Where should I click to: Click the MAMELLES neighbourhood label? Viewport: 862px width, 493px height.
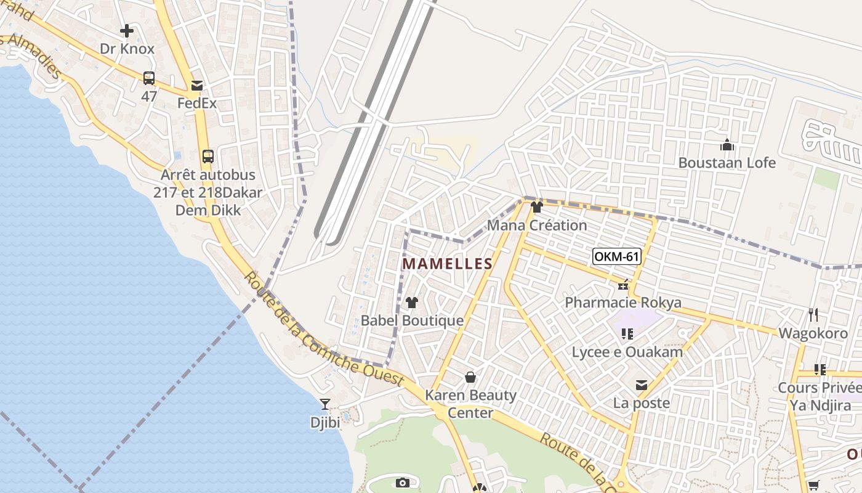click(447, 264)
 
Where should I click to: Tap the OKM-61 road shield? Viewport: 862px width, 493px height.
click(616, 256)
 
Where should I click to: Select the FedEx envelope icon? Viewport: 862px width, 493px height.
click(197, 86)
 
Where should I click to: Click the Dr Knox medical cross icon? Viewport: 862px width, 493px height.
click(127, 31)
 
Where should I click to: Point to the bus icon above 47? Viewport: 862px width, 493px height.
click(149, 78)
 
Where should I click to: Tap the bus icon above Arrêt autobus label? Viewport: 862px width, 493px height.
click(208, 156)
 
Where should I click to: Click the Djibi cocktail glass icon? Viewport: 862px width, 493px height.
click(325, 404)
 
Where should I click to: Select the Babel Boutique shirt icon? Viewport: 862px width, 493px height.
click(412, 303)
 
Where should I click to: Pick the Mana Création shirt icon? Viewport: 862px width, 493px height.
click(537, 207)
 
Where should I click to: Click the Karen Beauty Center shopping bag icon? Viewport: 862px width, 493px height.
click(470, 377)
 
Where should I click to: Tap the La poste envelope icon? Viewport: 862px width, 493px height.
click(642, 385)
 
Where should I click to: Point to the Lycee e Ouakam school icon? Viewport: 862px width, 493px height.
click(627, 334)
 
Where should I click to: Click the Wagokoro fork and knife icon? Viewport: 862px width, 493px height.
click(813, 315)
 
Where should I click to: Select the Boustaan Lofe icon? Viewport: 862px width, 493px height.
click(727, 145)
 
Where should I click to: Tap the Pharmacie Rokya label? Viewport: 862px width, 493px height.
click(623, 303)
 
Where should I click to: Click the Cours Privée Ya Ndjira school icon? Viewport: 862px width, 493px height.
click(820, 370)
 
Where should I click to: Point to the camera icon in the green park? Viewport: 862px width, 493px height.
click(403, 483)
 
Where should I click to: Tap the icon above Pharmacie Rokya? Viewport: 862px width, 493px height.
click(623, 285)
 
